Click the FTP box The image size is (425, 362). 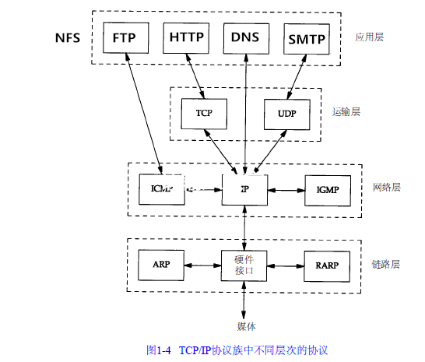point(126,37)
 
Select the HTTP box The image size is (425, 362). point(186,37)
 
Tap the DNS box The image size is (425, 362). point(246,37)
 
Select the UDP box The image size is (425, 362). point(286,113)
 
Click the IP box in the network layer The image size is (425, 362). point(245,188)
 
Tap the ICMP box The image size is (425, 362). point(160,188)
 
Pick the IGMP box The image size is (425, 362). point(328,188)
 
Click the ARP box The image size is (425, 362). point(161,265)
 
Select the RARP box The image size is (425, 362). point(327,265)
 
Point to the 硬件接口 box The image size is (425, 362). point(245,265)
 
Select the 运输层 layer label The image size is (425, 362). point(346,111)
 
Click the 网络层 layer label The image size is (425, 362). point(385,188)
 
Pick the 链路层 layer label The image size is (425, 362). point(385,264)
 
